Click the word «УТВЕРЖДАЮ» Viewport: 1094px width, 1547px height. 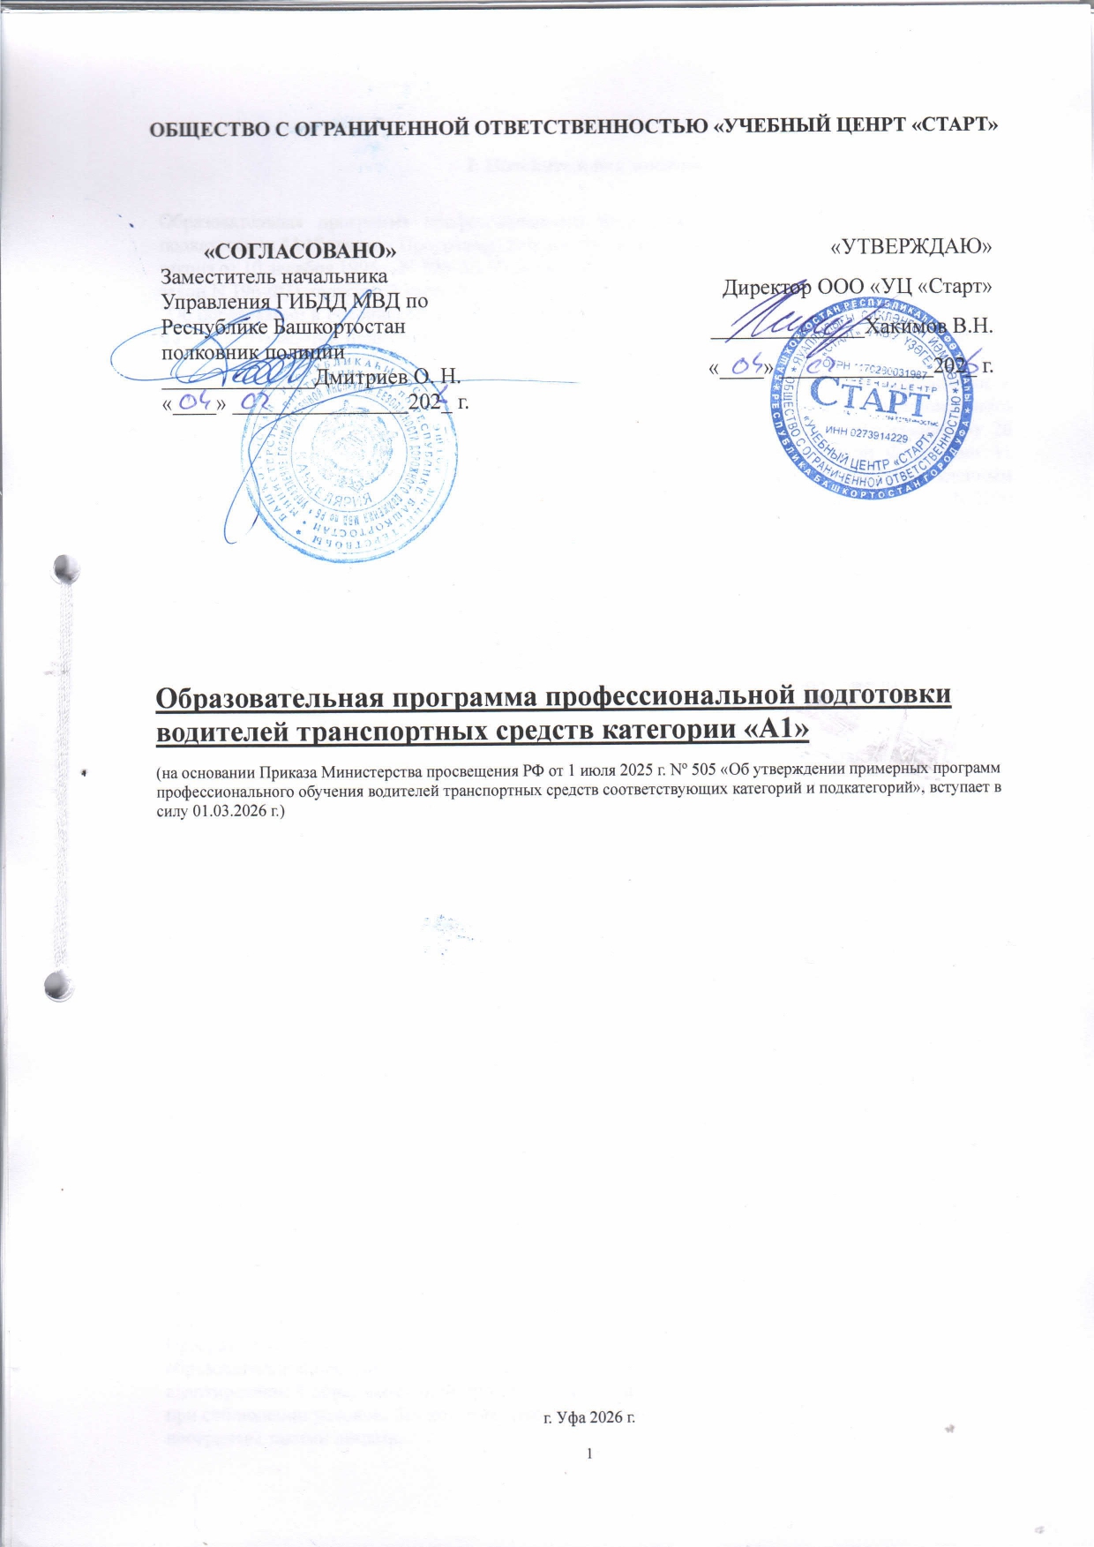911,247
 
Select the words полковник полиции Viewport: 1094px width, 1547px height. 253,350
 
